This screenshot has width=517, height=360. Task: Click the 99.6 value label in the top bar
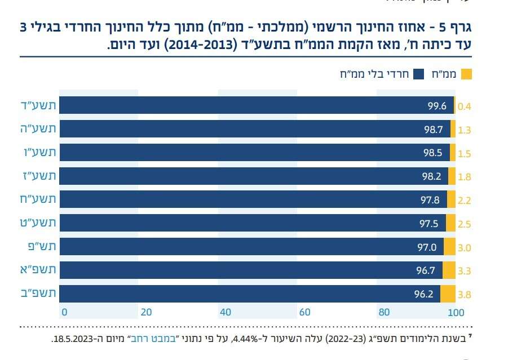436,106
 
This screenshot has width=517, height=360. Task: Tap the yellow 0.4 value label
464,106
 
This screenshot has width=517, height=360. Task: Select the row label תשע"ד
36,105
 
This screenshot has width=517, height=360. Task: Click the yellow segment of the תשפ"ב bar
448,294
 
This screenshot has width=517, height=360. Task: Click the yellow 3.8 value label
464,295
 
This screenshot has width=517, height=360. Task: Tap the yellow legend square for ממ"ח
466,74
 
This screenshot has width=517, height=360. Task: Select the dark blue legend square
418,74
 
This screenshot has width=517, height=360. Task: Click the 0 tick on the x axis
65,313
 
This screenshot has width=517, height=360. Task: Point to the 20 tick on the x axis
146,313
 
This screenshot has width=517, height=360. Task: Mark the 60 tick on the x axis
305,313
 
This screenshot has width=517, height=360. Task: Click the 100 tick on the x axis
456,313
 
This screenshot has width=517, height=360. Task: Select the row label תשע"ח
36,199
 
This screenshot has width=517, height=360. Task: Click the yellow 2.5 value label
464,224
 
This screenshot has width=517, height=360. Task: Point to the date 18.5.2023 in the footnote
73,340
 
